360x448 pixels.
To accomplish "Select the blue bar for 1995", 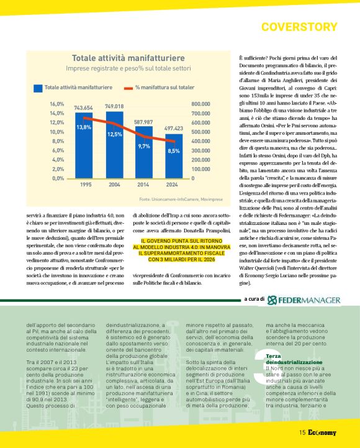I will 83,146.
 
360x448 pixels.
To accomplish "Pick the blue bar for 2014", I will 143,152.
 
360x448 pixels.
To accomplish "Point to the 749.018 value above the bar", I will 114,107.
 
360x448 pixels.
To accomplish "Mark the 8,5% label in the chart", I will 174,150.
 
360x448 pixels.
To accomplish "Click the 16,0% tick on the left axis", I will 57,104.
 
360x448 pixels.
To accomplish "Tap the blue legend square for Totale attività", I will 38,87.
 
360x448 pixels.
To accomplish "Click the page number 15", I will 302,432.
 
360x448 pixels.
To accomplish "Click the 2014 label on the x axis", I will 143,185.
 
